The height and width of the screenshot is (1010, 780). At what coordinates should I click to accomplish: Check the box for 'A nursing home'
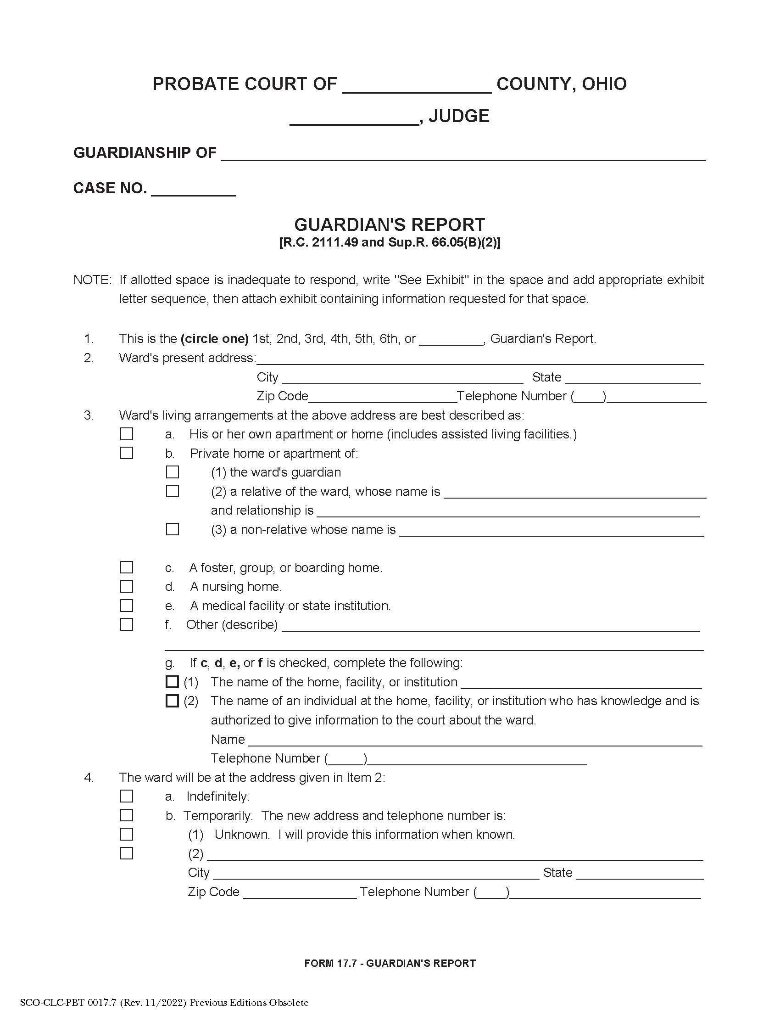(126, 586)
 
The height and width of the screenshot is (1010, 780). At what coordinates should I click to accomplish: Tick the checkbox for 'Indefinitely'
(126, 796)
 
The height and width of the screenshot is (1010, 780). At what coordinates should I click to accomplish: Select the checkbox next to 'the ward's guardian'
(173, 471)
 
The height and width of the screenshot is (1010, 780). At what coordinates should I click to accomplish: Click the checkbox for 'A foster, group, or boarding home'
(126, 567)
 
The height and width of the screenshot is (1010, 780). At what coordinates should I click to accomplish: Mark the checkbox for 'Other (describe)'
(126, 624)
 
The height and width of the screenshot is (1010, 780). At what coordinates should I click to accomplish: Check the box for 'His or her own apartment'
(126, 434)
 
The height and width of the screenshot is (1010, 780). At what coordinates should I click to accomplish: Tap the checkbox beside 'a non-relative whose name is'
(173, 529)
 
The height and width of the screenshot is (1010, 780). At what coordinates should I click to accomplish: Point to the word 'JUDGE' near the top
(459, 116)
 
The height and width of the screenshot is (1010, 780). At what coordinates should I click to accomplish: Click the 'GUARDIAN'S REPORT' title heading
(390, 225)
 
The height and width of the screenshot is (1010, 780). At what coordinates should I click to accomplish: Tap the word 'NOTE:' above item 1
(92, 280)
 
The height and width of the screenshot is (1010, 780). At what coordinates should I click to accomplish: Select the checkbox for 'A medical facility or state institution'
(126, 606)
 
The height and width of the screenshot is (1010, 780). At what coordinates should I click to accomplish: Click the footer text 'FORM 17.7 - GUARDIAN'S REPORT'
(390, 963)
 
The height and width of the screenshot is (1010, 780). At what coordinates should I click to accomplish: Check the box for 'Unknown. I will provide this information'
(126, 834)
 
